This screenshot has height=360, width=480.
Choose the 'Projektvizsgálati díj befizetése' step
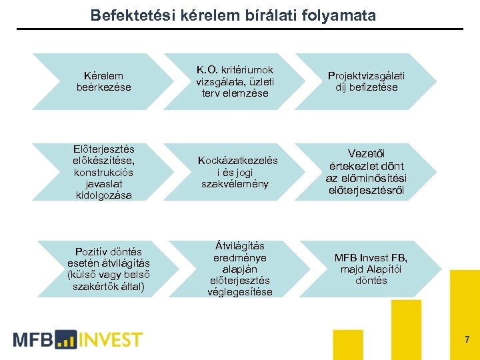366,81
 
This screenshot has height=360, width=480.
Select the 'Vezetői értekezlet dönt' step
366,173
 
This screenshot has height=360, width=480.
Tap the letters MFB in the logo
33,339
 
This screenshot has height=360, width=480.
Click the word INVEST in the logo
111,339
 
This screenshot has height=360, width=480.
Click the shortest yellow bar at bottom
348,345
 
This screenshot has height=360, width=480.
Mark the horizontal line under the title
240,29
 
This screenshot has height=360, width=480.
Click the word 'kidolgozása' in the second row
103,195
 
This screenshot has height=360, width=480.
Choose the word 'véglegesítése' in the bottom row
239,292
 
